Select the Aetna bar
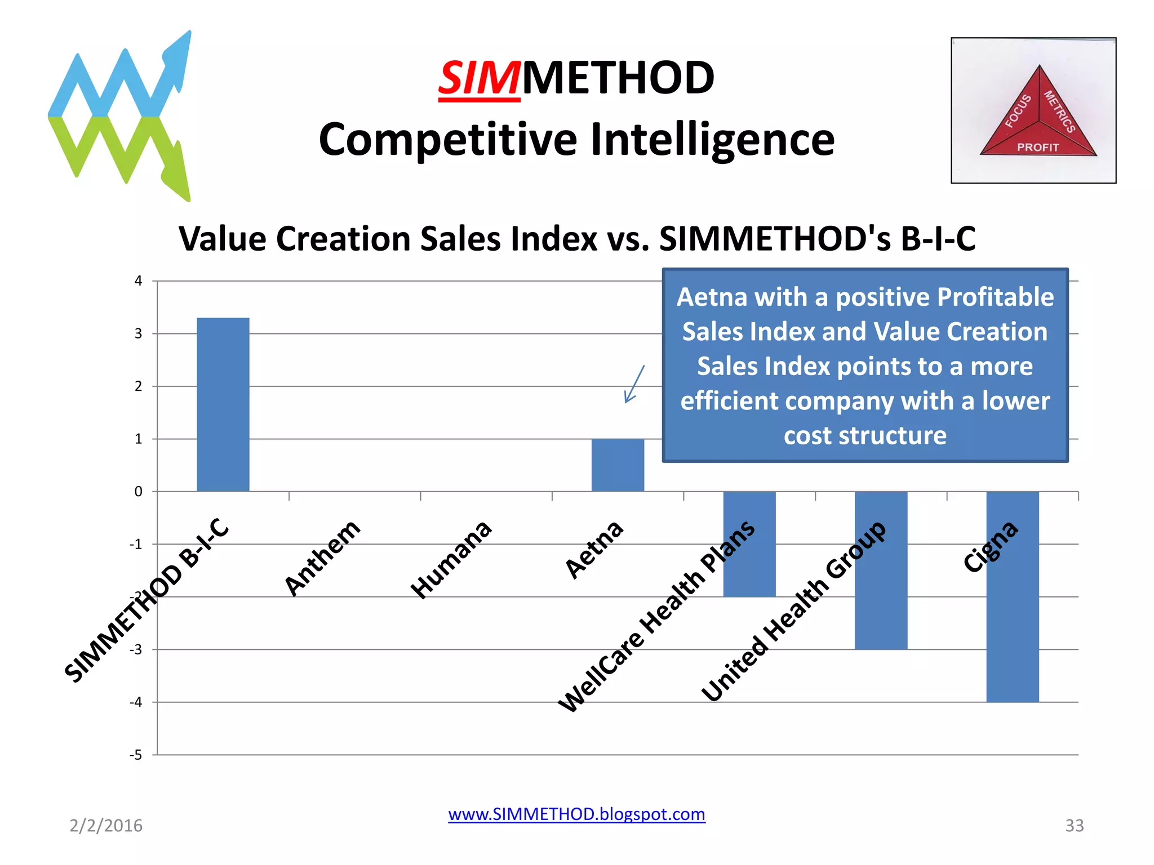[618, 465]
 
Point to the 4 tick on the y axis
[138, 281]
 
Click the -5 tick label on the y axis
[136, 755]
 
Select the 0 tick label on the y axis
[138, 492]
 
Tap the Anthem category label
[322, 558]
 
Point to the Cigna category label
[990, 546]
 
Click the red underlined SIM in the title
[479, 78]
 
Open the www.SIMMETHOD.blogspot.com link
[576, 814]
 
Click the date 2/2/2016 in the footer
[106, 826]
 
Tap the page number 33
[1074, 826]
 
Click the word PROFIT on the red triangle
[1038, 148]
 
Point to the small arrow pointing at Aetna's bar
[634, 385]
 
